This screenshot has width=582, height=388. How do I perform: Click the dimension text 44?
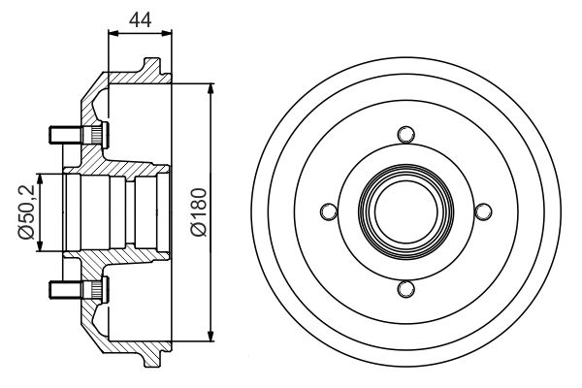(140, 20)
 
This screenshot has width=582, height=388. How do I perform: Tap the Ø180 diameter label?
(199, 212)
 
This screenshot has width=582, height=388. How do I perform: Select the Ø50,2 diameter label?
(26, 212)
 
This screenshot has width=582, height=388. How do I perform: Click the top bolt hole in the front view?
(405, 134)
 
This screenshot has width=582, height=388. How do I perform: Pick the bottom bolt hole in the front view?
(405, 289)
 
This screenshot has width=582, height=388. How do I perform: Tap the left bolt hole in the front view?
(329, 211)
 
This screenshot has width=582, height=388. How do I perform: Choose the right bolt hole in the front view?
(483, 211)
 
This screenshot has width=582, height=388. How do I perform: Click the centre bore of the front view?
(405, 211)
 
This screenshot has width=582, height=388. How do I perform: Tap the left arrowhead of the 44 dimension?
(113, 33)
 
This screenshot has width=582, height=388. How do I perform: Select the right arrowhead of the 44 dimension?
(167, 33)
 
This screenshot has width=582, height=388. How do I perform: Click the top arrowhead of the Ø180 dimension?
(210, 89)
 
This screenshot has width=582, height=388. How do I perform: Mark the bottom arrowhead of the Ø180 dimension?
(210, 335)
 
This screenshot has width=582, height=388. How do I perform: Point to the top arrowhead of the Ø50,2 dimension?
(40, 178)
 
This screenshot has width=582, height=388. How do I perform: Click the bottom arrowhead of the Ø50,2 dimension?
(40, 245)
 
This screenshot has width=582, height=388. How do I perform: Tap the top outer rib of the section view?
(152, 66)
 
